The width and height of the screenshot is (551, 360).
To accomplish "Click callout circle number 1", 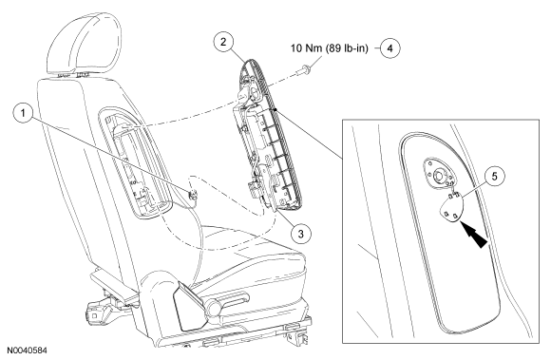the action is point(23,113).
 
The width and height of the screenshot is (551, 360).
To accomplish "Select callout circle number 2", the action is point(223,42).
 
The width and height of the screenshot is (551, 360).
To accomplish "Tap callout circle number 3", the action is point(301,234).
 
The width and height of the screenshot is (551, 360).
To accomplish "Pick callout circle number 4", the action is point(390,48).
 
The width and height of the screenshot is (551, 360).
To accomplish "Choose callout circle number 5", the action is point(495,176).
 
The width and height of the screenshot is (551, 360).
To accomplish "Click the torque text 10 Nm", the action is point(306,47).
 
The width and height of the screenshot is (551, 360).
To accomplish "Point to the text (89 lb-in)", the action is point(347,48).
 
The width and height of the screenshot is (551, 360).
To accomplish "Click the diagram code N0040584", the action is point(27,351).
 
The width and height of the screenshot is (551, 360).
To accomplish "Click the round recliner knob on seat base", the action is point(214,306).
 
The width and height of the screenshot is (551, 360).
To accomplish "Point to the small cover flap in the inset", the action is point(451,209).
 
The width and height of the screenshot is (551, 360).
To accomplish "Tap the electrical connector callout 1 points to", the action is point(193,195).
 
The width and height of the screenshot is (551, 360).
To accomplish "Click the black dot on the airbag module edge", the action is point(276,109).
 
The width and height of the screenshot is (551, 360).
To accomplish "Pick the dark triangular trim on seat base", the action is point(190,305).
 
